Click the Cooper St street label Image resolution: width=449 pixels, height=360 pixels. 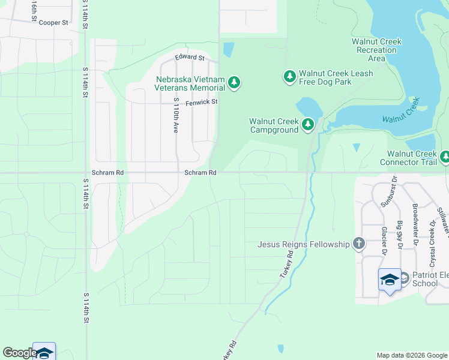54,23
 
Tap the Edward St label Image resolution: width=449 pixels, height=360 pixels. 190,58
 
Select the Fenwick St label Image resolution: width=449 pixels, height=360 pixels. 201,103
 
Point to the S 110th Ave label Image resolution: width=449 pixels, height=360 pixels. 176,115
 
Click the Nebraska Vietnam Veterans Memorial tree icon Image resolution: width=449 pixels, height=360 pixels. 234,83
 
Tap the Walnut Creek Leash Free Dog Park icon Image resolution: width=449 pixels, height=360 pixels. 290,76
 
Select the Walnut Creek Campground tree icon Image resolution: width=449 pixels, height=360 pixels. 308,124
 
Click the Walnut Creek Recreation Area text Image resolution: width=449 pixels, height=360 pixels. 376,50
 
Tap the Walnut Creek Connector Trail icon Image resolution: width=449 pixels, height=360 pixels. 445,157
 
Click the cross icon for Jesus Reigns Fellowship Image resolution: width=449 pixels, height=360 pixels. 358,244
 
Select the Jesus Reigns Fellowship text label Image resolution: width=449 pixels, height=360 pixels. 303,244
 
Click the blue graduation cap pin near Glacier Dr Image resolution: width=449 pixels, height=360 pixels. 390,280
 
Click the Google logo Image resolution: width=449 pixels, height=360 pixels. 20,353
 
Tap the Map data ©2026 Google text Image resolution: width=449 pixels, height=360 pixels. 411,355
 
